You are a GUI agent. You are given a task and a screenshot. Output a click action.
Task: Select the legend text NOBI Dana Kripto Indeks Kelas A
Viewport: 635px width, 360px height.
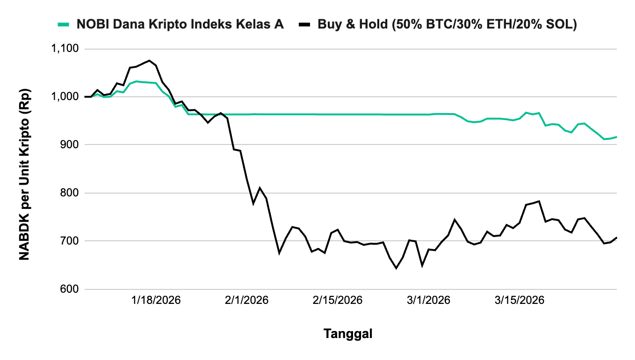pos(180,24)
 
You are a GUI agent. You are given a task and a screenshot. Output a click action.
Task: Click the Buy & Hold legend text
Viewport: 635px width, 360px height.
pos(447,24)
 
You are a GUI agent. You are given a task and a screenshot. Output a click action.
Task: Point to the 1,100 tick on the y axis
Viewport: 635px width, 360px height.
pos(66,49)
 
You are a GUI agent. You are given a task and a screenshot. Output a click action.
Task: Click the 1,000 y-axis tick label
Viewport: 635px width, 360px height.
pos(66,97)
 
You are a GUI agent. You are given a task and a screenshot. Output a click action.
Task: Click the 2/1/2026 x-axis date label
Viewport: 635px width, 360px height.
pos(246,300)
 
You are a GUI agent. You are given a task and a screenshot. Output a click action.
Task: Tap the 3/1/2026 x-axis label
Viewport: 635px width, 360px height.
pos(428,300)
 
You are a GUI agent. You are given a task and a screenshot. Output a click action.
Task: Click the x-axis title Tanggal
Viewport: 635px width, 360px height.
pos(348,334)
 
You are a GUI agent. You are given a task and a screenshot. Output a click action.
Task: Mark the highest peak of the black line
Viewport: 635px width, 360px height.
pos(149,60)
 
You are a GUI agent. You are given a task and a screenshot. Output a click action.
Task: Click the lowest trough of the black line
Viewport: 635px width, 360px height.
pos(396,268)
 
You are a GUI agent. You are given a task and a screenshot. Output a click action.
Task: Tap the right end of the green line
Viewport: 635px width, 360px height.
pos(617,137)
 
